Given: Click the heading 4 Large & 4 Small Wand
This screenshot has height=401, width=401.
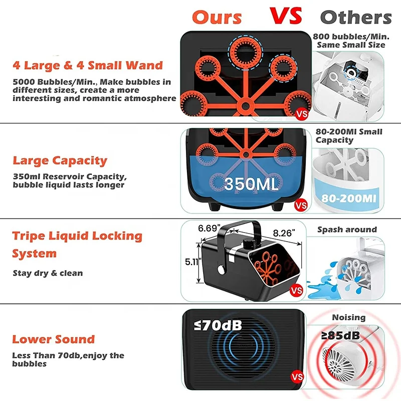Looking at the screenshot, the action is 88,65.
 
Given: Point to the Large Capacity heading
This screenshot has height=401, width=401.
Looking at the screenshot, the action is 60,161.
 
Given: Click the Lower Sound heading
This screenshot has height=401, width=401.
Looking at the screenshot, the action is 53,339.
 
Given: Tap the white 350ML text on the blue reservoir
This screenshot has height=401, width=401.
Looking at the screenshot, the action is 251,184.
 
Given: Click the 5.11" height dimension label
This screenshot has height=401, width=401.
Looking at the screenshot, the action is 190,262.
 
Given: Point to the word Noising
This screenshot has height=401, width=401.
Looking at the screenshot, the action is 348,317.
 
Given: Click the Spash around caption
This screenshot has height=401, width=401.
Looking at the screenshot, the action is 347,230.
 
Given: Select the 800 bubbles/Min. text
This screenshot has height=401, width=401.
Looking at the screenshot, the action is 349,37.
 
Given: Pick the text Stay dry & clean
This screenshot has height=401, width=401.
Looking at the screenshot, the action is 48,273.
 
